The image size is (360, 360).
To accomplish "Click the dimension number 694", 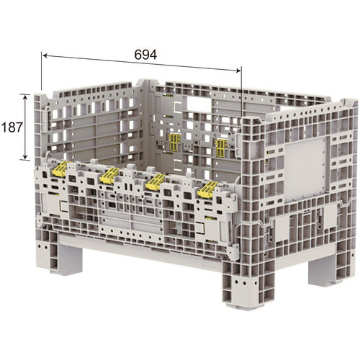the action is pos(145,55).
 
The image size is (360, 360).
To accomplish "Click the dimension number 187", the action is pos(12,127).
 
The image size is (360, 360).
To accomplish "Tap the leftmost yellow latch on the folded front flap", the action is pos(60,168).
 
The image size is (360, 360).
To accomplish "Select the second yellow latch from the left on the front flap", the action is pos(109,175).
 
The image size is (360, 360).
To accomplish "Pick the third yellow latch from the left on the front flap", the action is pos(156,182).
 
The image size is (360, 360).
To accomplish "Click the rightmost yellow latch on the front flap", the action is pos(207,189).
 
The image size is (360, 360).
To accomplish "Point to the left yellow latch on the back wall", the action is pos(175,143).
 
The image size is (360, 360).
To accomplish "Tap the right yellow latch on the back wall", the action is pos(221,147).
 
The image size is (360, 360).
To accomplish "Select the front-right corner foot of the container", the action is pos(247,283).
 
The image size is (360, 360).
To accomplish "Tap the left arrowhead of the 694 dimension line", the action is pos(45,55).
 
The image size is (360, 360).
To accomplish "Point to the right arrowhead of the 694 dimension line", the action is pos(238,71).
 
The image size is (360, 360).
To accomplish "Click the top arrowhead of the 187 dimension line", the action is pos(24,97).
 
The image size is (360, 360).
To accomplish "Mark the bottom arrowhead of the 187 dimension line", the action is pos(24,157).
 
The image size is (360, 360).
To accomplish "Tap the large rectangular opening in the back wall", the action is pos(199,103).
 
